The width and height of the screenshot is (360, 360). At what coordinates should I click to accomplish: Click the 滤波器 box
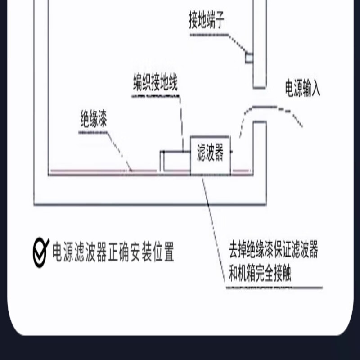click(211, 155)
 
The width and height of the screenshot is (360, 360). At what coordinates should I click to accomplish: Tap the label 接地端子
click(207, 20)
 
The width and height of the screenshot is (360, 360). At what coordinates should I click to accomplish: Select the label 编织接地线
click(155, 82)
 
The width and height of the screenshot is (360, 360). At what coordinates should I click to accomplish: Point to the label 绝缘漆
click(94, 120)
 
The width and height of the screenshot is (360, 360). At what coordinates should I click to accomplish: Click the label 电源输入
click(302, 89)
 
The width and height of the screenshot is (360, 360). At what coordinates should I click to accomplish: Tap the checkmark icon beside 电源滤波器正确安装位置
click(41, 252)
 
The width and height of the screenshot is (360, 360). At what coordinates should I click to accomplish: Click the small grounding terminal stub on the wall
click(248, 58)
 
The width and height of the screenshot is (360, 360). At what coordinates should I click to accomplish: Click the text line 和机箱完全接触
click(260, 274)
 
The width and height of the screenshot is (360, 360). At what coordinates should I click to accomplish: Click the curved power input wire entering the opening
click(270, 108)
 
